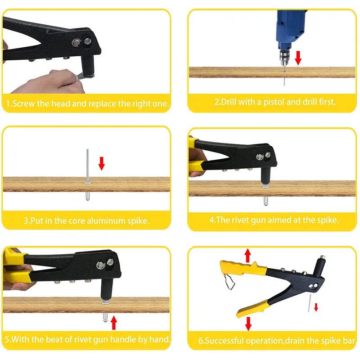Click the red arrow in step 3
pyautogui.click(x=102, y=163)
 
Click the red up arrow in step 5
pyautogui.click(x=113, y=323)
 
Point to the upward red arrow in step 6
pyautogui.click(x=247, y=256)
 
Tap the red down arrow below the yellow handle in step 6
pyautogui.click(x=247, y=324)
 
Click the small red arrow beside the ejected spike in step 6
pyautogui.click(x=316, y=307)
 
